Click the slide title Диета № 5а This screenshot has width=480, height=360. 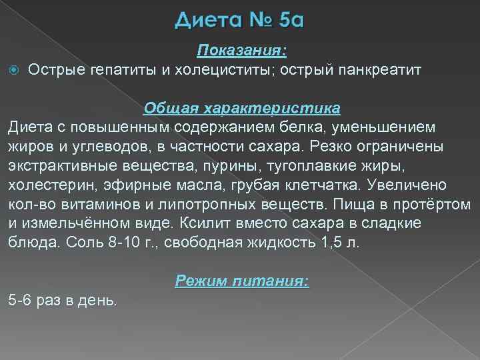coord(240,21)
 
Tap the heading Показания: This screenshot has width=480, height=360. coord(241,51)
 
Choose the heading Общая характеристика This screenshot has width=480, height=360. coord(242,107)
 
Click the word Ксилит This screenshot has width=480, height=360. coord(209,222)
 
